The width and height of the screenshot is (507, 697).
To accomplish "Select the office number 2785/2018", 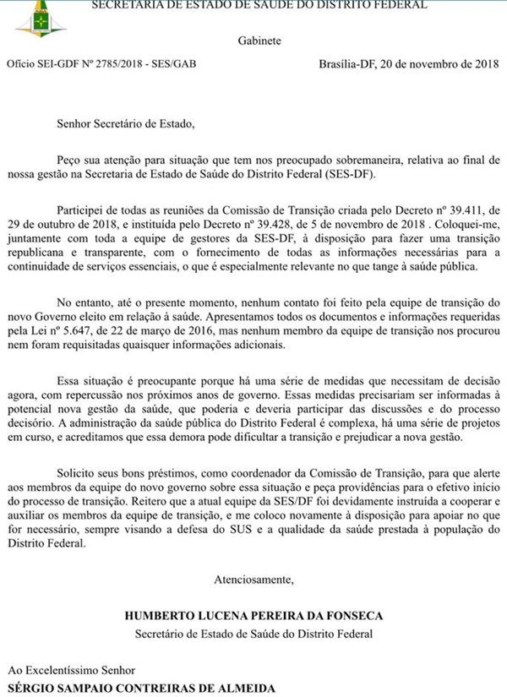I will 122,64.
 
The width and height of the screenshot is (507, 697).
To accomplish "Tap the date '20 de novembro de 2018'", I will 440,64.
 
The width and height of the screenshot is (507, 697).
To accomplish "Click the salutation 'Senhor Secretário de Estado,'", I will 125,123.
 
